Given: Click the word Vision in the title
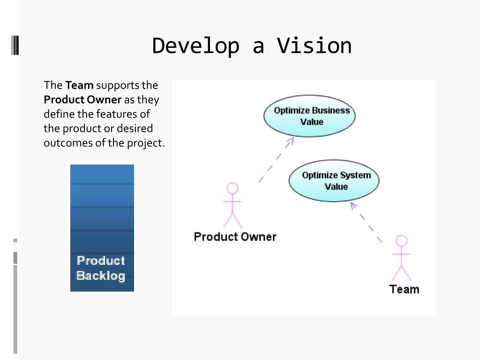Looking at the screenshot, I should tap(314, 46).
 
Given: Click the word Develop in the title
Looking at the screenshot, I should tap(195, 46).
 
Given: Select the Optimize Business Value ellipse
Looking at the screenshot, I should tap(309, 116).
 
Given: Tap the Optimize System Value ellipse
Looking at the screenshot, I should tap(334, 180).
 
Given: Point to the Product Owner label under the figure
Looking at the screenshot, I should tap(235, 237).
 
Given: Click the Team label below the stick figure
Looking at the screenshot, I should tap(404, 289).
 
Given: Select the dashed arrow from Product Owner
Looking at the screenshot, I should tap(277, 159).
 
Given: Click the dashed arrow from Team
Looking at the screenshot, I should tap(367, 222).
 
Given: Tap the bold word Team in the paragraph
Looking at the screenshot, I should tap(79, 85).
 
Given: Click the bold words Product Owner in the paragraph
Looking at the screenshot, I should tap(82, 100).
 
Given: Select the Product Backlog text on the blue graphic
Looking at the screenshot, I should tap(101, 268).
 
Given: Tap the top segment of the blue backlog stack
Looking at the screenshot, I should tap(102, 173).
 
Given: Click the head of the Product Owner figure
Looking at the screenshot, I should tap(232, 188).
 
